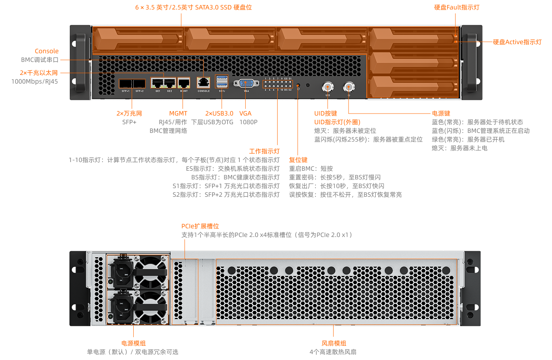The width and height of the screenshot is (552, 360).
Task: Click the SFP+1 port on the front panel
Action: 126,84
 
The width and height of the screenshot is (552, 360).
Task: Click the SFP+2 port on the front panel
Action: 139,84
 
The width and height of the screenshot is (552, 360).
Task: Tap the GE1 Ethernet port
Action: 157,83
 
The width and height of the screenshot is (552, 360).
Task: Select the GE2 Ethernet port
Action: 170,83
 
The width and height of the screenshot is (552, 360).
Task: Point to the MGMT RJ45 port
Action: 184,83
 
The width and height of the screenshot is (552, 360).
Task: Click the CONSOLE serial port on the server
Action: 203,82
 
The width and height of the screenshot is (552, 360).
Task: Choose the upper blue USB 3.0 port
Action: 222,78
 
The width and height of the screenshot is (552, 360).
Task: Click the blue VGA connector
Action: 246,84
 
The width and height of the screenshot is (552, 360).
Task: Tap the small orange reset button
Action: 298,85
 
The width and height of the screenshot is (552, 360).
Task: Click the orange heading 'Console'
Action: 47,51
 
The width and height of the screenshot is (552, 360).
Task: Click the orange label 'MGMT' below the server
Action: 178,114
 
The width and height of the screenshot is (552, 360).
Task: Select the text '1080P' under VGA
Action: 248,122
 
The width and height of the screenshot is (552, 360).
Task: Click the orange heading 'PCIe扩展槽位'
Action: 200,226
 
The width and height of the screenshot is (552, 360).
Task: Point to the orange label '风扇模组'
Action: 334,343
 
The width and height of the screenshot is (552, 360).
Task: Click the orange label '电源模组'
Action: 134,343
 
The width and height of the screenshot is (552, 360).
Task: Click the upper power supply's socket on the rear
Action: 122,271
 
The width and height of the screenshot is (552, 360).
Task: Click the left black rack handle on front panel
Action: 80,62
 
